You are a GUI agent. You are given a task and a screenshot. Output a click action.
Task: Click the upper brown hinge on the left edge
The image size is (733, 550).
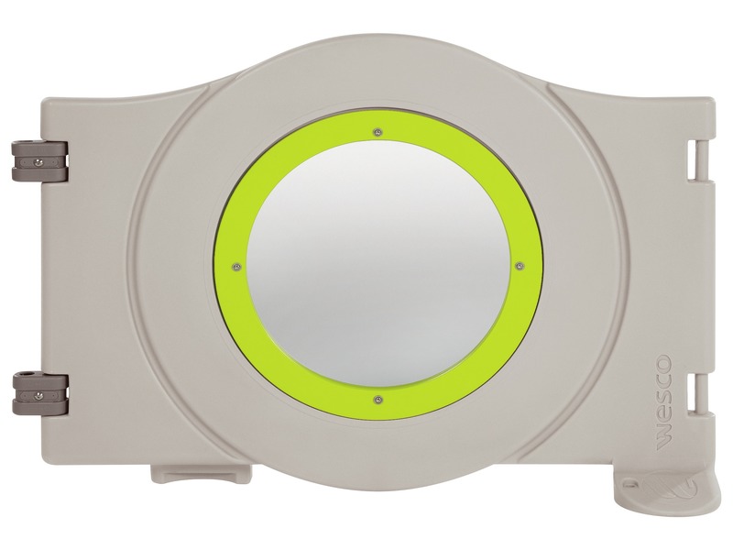point(40,160)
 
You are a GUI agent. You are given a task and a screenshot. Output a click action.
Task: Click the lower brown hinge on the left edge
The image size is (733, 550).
point(40,393)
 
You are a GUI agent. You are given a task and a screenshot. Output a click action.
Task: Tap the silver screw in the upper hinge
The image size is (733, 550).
point(37,162)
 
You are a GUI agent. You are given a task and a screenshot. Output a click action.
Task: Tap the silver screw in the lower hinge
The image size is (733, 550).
point(38,396)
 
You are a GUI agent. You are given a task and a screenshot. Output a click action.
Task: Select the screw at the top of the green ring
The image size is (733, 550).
point(377,132)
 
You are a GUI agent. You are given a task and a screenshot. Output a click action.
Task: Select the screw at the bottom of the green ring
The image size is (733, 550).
point(377,400)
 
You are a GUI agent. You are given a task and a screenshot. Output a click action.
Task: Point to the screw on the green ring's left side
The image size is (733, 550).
point(236,267)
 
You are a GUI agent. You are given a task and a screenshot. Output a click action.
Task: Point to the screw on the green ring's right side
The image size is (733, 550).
point(519,266)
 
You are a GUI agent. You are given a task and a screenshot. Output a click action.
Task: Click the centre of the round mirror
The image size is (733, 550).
point(377,265)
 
